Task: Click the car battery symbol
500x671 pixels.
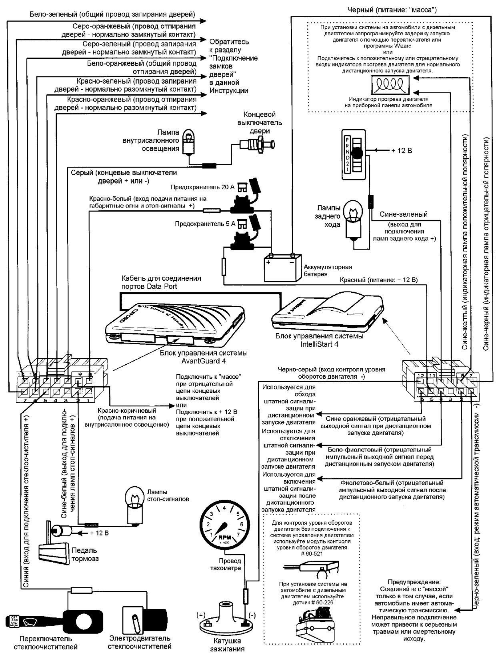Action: (281, 268)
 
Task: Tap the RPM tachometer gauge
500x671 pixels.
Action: (224, 524)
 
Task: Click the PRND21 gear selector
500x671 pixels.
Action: (353, 154)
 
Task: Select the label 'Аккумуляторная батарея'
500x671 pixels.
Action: (328, 271)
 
